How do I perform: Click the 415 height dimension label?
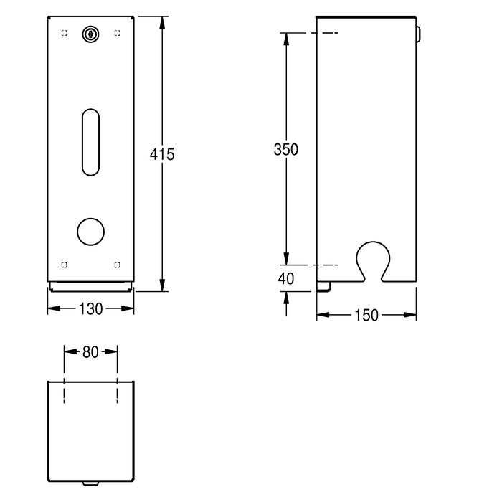click(162, 154)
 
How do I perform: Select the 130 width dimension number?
click(90, 309)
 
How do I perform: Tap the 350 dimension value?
click(286, 149)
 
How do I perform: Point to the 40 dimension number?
click(286, 278)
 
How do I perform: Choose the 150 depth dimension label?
click(366, 316)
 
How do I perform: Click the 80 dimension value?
click(90, 352)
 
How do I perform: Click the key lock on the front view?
click(90, 34)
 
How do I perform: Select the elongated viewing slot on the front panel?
click(90, 142)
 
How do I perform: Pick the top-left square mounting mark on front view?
click(64, 33)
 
